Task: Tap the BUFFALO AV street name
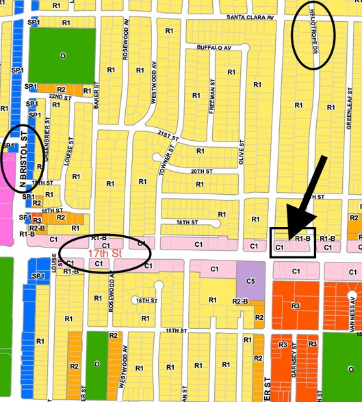tap(214, 48)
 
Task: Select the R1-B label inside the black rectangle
tap(302, 239)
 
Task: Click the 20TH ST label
tap(198, 172)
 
